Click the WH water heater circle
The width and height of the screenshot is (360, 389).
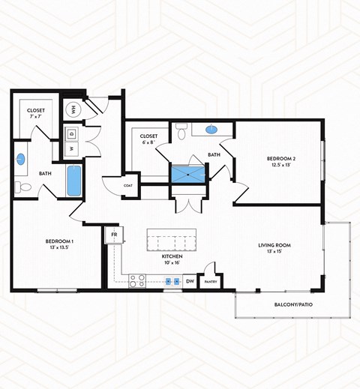click(x=73, y=109)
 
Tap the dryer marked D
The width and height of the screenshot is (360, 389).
click(x=72, y=133)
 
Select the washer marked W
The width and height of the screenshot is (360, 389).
click(x=72, y=148)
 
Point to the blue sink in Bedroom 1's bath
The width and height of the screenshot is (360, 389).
click(x=22, y=159)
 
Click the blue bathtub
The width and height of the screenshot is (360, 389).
click(x=73, y=182)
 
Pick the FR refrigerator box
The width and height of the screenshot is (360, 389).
click(x=115, y=235)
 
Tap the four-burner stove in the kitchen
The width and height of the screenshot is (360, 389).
click(x=137, y=282)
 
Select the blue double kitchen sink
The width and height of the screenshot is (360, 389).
click(x=172, y=282)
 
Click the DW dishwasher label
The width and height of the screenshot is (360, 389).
click(x=190, y=282)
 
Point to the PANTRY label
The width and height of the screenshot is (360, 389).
click(x=210, y=282)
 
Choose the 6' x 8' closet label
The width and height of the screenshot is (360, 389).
click(x=148, y=139)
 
